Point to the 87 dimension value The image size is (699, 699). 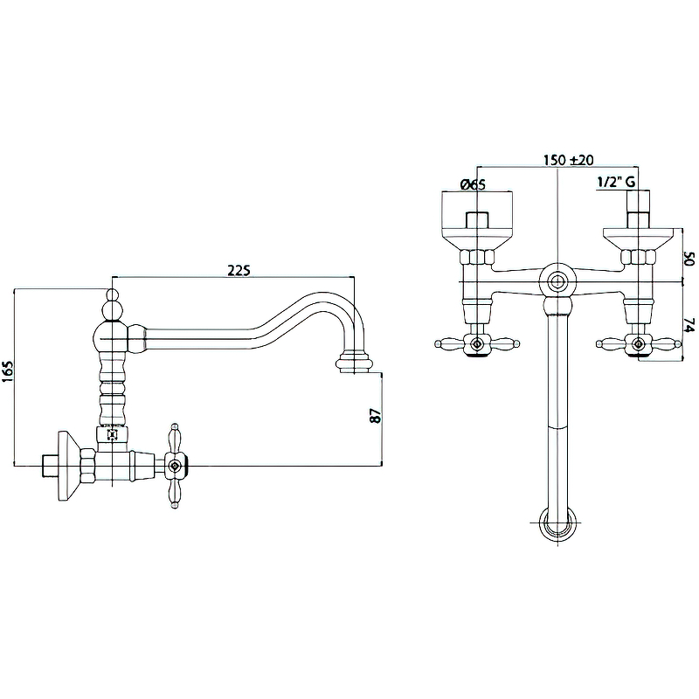coord(377,416)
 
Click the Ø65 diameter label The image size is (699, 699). coord(472,184)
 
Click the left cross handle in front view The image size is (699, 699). coord(476,344)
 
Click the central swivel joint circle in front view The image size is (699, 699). coord(557,282)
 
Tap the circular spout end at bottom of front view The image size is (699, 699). coord(557,527)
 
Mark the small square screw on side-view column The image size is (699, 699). coord(111,433)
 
